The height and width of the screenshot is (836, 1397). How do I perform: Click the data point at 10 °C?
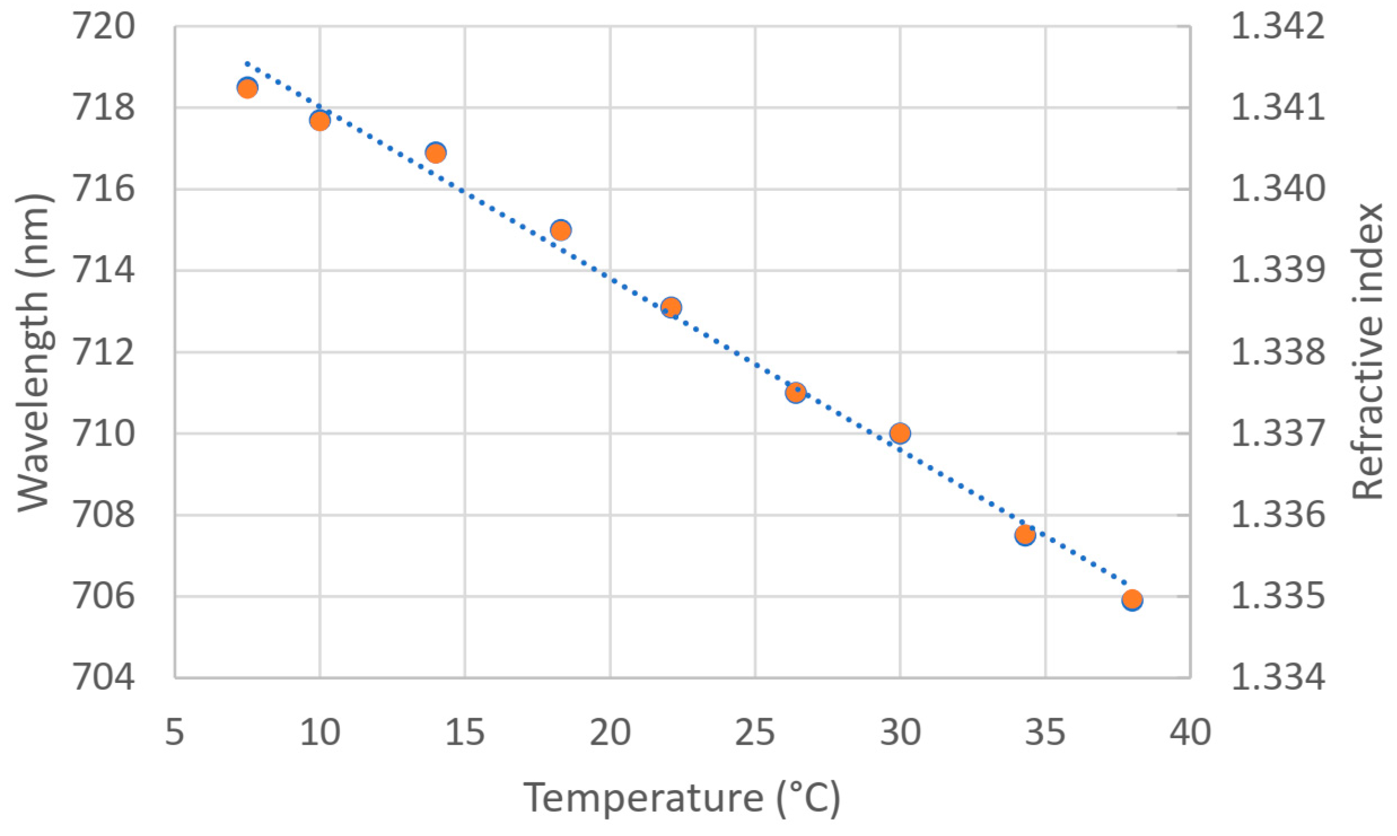coord(320,121)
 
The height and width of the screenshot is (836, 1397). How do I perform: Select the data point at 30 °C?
coord(900,433)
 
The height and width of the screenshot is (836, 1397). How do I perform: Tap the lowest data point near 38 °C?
coord(1131,599)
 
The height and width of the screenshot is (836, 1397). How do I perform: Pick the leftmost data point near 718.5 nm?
coord(247,88)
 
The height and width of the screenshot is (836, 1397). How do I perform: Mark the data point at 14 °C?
coord(436,152)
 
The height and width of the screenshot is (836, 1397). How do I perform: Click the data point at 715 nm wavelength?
coord(560,230)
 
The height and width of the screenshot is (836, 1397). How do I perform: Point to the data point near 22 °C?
coord(670,307)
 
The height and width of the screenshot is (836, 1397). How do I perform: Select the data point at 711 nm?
coord(795,392)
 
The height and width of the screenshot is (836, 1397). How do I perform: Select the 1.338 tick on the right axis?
coord(1277,352)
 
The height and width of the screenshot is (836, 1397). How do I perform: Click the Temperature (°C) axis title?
coord(682,799)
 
